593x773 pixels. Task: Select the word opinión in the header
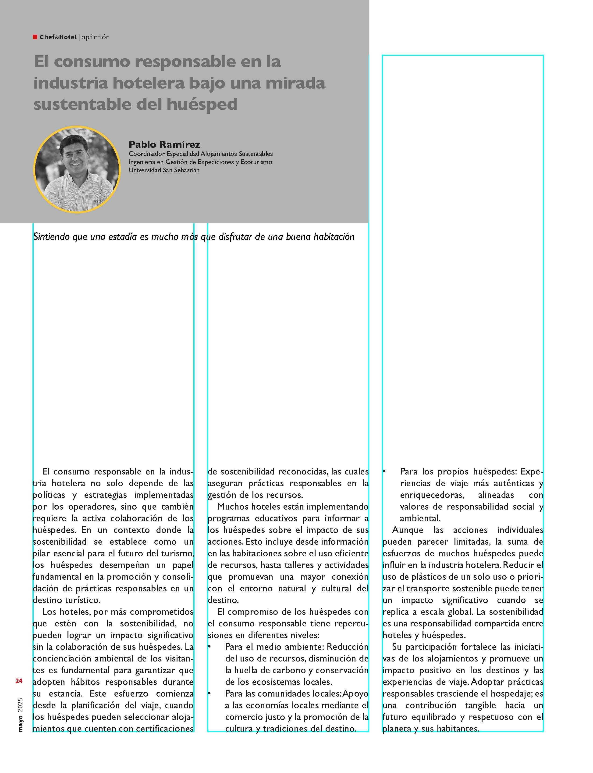pos(95,37)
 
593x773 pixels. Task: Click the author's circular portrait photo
pos(77,169)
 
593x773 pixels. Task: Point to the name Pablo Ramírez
pos(164,144)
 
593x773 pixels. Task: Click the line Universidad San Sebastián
pos(164,170)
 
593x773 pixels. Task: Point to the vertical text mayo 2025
pos(20,715)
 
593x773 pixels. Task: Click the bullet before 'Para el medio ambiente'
pos(209,647)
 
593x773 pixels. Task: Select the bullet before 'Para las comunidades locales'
pos(209,694)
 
